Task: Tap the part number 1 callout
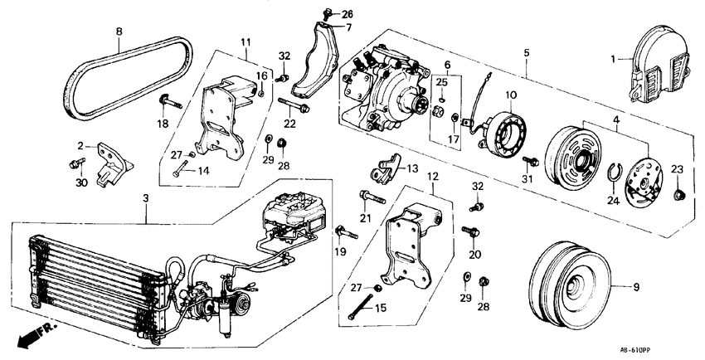tap(614, 59)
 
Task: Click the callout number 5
tap(526, 53)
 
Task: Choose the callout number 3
tap(146, 198)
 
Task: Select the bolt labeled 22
tap(294, 106)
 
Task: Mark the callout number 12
tap(431, 176)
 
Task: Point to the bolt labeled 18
tap(169, 103)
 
